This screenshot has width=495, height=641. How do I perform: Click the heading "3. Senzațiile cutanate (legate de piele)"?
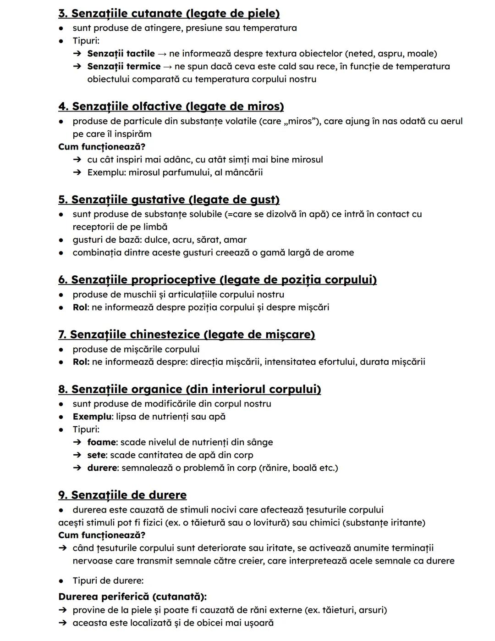coord(169,13)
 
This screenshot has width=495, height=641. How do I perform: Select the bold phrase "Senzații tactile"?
coord(121,54)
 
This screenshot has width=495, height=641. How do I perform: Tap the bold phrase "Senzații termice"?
coord(124,67)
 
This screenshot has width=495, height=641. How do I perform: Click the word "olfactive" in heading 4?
coord(157,106)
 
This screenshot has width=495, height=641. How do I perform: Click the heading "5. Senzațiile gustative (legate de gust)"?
coord(169,200)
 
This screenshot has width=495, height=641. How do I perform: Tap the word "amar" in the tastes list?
coord(235,240)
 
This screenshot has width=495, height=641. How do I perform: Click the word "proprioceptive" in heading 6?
coord(173,280)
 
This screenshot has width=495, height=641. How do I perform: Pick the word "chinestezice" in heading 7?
coord(165,334)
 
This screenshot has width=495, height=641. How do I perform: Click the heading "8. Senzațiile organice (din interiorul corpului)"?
coord(189,389)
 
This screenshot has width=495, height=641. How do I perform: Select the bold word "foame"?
coord(101,442)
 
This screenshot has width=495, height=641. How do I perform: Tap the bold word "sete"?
coord(96,455)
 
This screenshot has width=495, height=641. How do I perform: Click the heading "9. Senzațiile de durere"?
coord(122,495)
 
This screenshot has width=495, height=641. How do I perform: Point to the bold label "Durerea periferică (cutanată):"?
coord(132,597)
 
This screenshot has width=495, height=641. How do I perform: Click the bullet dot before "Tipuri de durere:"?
coord(61,581)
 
